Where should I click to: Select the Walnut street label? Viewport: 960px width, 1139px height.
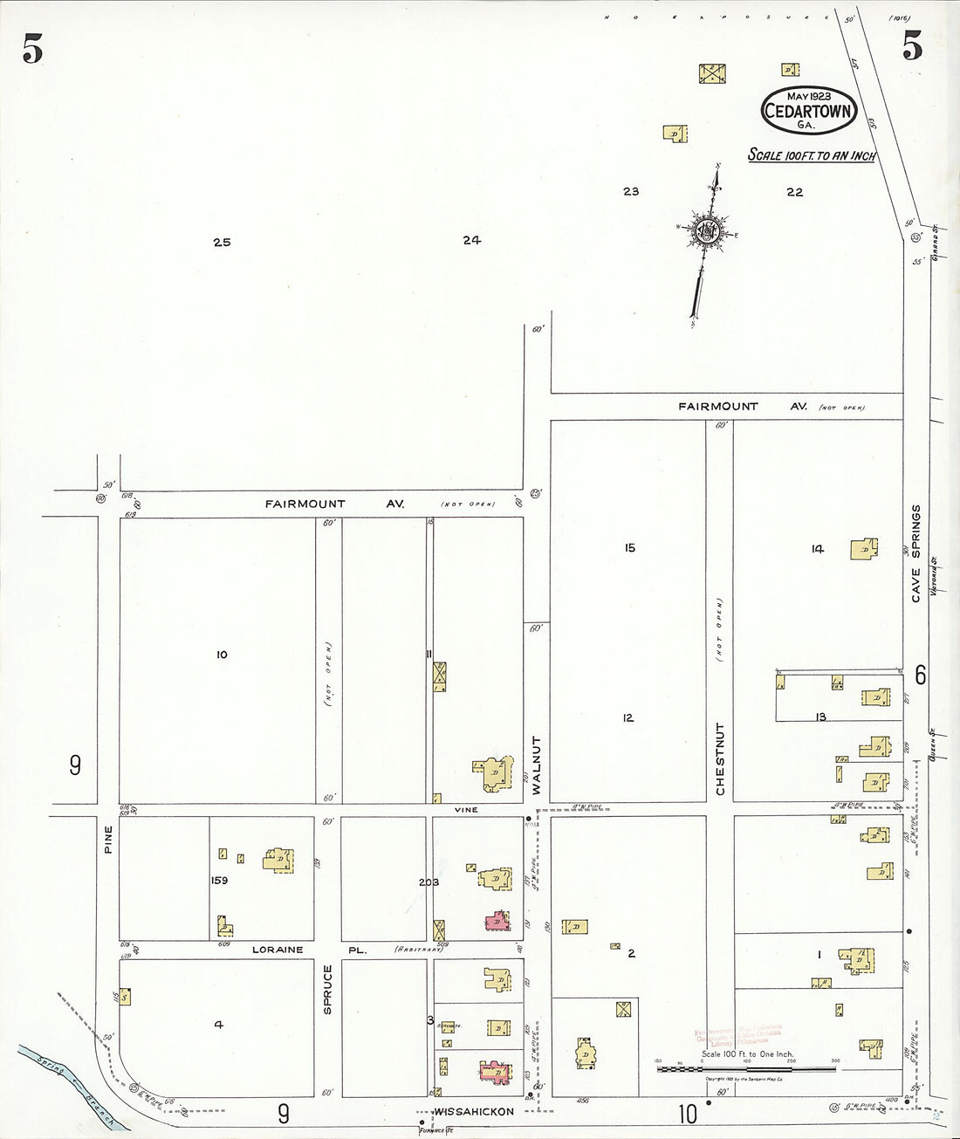(536, 765)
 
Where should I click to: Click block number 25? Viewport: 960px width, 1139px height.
(222, 242)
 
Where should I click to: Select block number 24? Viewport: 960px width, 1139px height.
(472, 240)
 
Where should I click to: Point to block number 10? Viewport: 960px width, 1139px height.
(222, 654)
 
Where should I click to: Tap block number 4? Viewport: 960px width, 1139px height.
(218, 1025)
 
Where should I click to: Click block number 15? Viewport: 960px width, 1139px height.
(629, 548)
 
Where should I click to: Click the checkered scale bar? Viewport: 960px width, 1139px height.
(747, 1068)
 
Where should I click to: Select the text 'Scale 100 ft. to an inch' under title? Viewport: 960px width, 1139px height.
(812, 155)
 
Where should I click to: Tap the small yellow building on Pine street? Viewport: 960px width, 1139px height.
(126, 996)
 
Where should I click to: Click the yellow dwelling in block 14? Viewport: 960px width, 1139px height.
(864, 551)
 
